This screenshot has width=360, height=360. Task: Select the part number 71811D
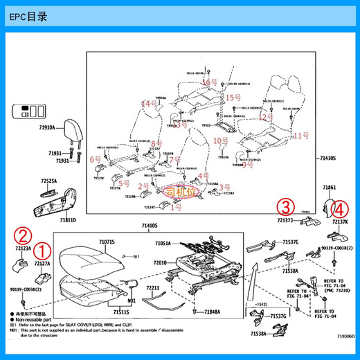pos(67,219)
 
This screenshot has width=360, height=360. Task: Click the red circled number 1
pos(44,249)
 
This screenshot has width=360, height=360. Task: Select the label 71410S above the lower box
pos(150,226)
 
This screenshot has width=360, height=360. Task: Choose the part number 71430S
pos(326,159)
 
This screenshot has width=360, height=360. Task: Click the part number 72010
pos(159,262)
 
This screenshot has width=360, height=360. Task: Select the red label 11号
pos(300,136)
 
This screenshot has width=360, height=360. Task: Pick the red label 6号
pos(96,159)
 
